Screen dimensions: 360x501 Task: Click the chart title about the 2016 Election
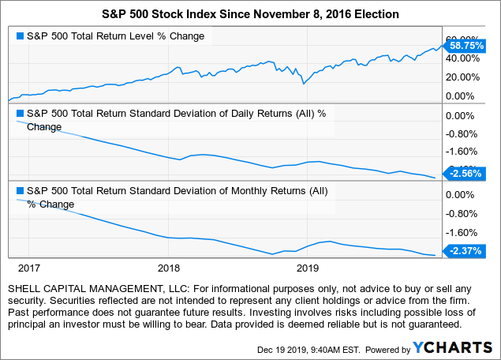[x=250, y=13]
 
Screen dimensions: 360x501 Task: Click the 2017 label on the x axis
[x=29, y=268]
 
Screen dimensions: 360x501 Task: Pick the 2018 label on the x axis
[x=168, y=268]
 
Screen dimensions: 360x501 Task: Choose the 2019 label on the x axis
[x=307, y=268]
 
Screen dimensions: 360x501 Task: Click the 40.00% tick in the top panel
[x=462, y=58]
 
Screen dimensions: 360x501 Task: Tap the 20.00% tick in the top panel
[x=462, y=77]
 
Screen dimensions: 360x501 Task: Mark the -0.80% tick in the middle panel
[x=462, y=133]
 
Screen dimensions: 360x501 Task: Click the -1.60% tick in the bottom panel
[x=462, y=233]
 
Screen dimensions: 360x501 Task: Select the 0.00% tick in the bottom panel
[x=462, y=194]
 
